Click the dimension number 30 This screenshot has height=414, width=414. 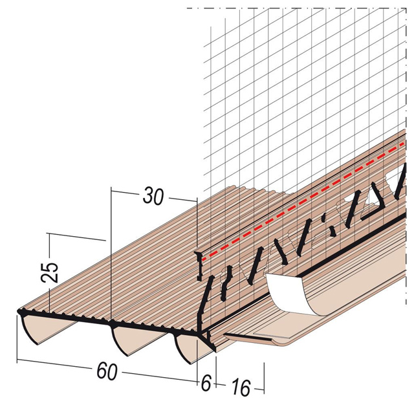coord(153,196)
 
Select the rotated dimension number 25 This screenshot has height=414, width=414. coord(50,272)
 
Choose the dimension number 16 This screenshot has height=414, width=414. coord(241,387)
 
